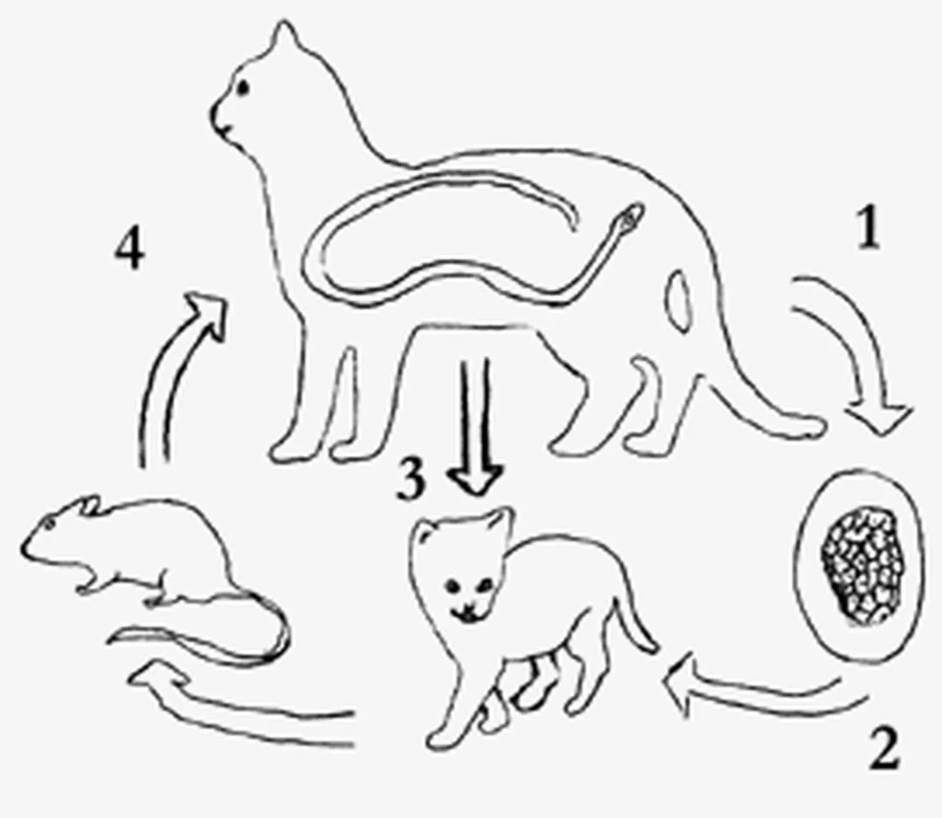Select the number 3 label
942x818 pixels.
point(411,479)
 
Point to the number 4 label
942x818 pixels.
point(129,248)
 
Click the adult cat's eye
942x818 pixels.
point(243,87)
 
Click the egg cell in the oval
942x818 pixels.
point(862,566)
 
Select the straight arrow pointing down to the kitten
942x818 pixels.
point(476,427)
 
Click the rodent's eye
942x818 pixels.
point(48,525)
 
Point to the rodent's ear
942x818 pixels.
point(90,505)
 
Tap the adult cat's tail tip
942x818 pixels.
point(815,427)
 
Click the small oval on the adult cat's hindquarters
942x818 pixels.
point(680,301)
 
